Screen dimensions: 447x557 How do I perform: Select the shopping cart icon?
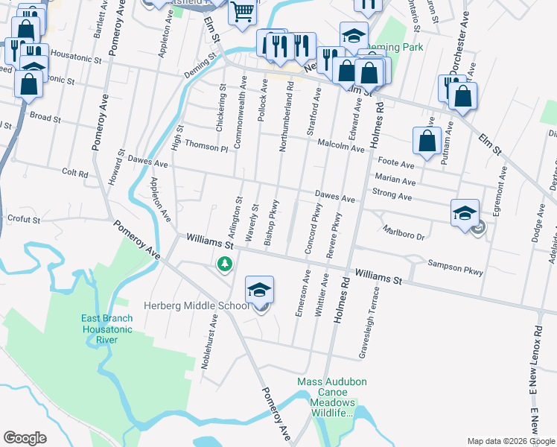243,13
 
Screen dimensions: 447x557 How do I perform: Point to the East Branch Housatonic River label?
107,329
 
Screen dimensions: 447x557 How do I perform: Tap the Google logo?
25,438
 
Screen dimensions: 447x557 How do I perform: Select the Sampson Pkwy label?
456,267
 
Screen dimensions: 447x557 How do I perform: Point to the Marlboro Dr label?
402,233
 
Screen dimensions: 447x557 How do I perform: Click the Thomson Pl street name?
206,145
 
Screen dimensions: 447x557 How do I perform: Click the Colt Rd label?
75,173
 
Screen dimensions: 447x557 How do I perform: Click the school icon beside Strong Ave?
464,213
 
